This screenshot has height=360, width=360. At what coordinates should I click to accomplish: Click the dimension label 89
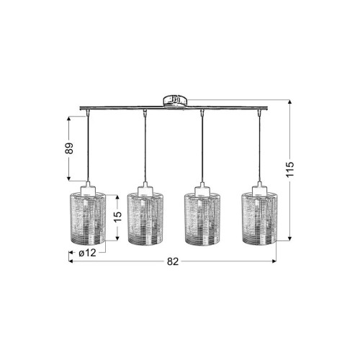tap(69, 148)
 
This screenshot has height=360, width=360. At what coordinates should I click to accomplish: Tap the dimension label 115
tap(290, 169)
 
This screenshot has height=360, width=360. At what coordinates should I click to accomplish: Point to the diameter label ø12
tap(87, 253)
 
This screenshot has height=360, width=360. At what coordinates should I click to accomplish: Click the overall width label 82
tap(173, 261)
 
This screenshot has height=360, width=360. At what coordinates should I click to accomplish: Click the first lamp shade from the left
tap(87, 217)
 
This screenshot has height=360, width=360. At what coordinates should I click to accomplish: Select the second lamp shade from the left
tap(145, 219)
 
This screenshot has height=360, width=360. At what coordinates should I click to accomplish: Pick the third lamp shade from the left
tap(202, 219)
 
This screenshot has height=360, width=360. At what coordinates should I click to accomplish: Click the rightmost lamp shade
tap(259, 219)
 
